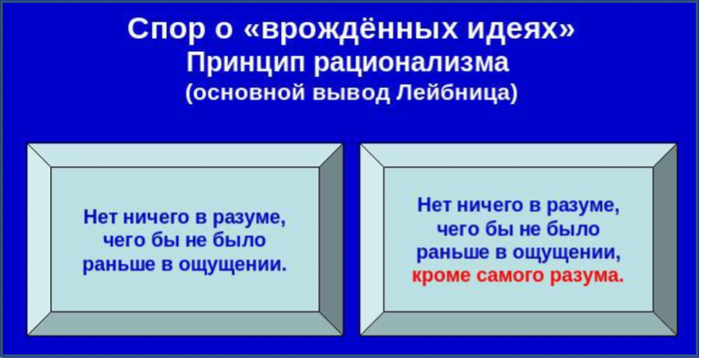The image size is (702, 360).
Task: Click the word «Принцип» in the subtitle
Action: [246, 63]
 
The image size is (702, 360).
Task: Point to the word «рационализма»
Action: [411, 63]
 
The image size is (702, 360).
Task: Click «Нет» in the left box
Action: [100, 218]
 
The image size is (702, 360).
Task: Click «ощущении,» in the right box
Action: [567, 253]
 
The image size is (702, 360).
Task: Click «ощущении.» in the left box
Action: [232, 265]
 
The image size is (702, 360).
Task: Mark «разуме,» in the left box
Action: [249, 218]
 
